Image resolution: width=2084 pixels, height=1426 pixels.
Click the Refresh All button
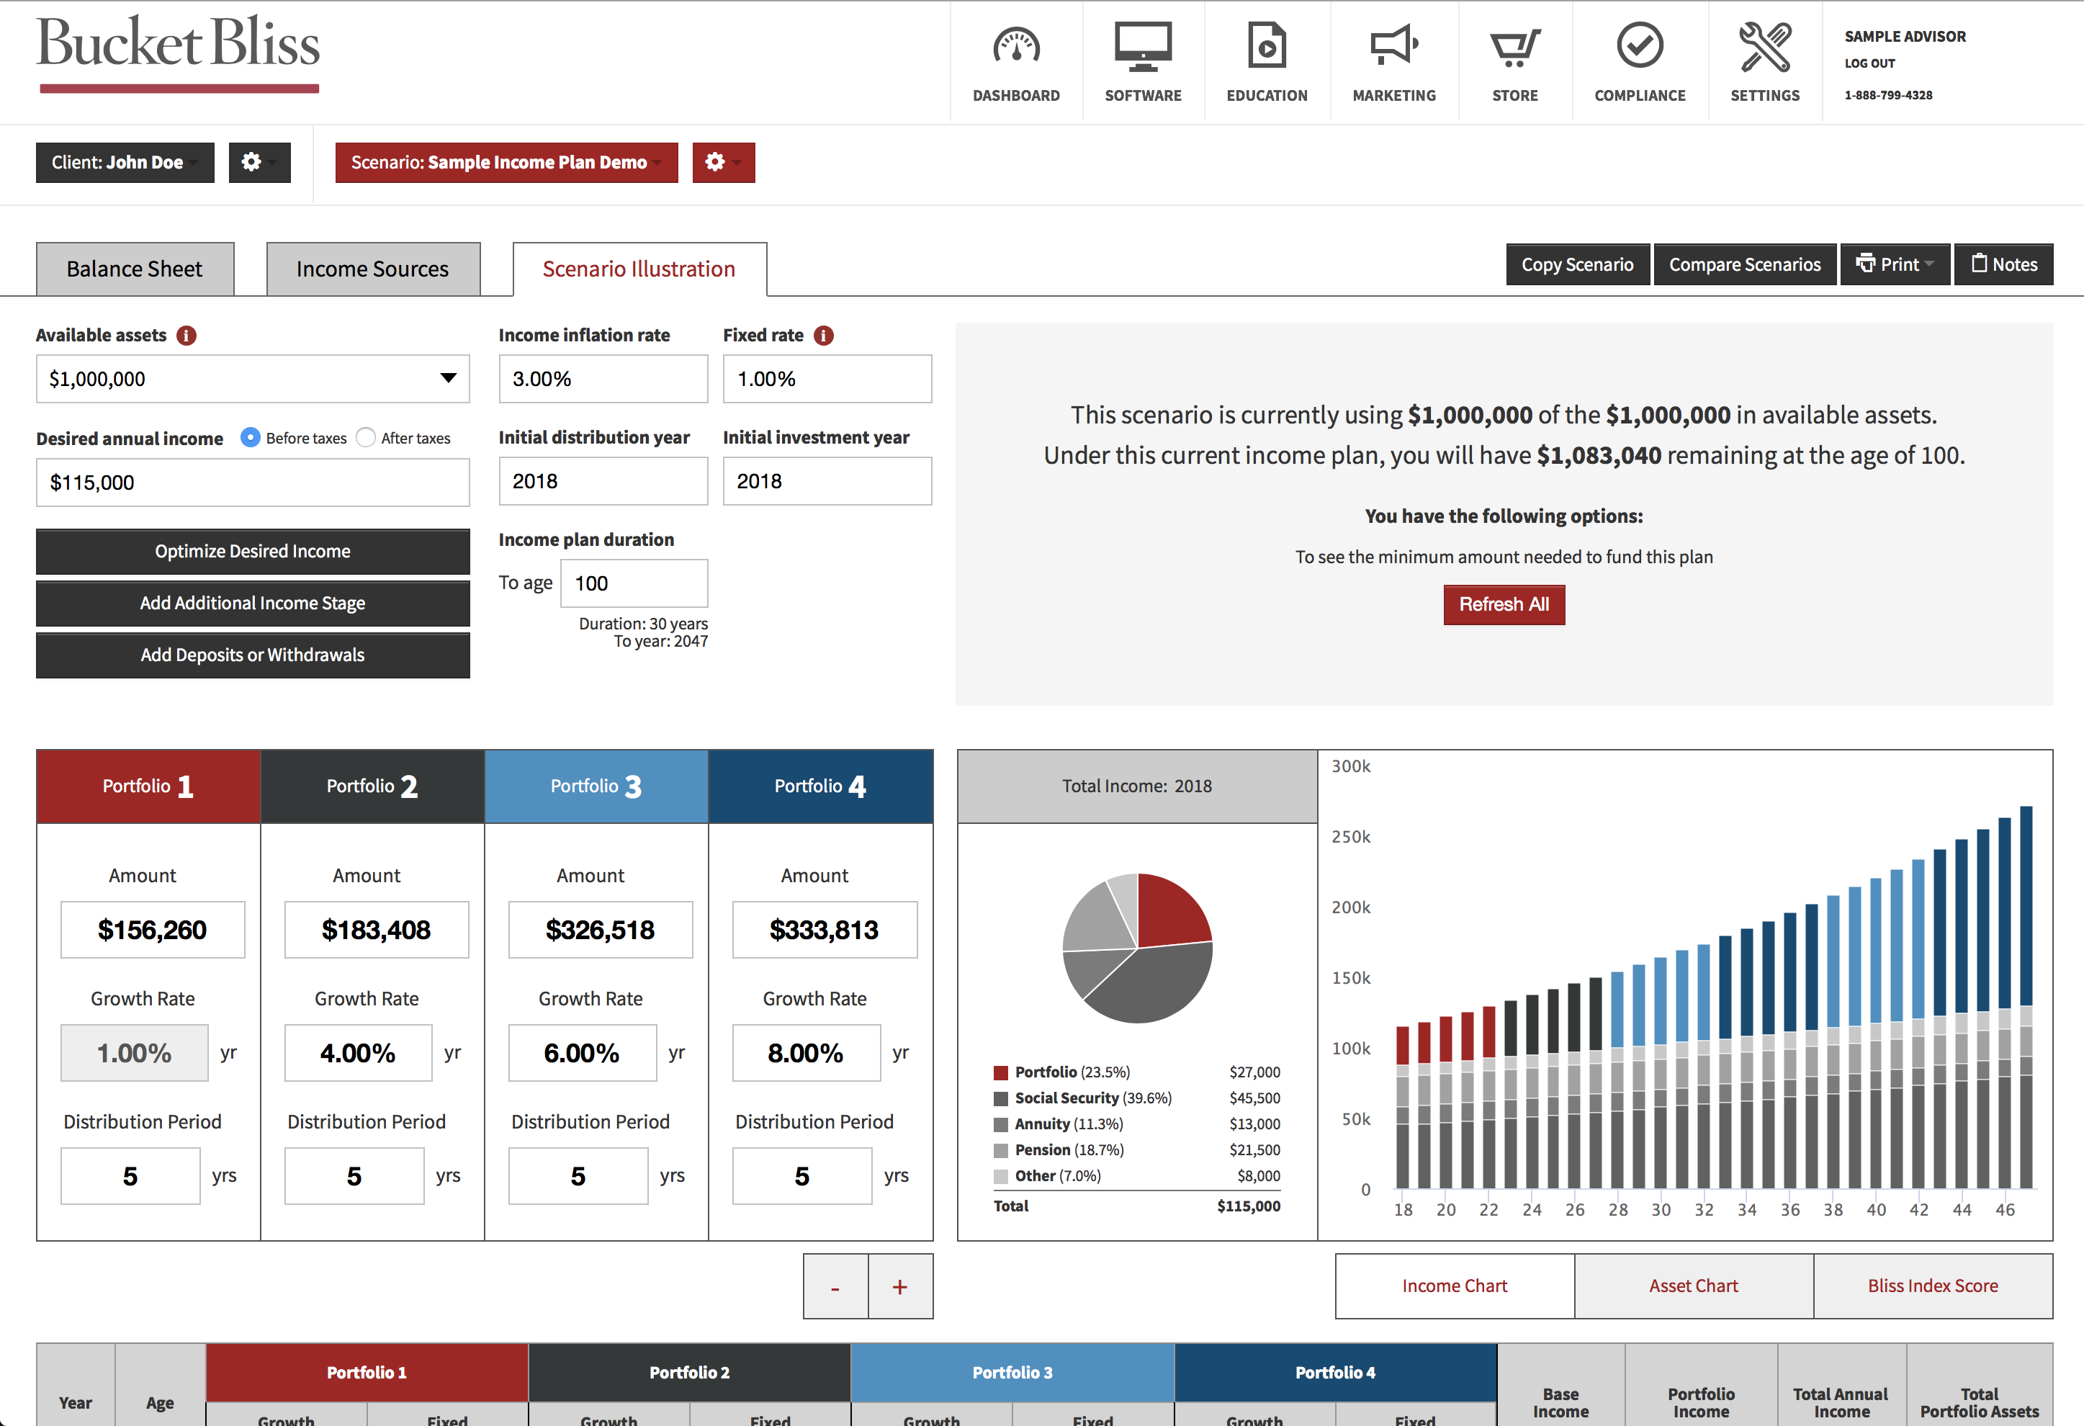click(x=1503, y=604)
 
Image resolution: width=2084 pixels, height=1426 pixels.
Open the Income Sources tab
click(x=372, y=269)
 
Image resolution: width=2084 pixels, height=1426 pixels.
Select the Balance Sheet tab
click(x=135, y=269)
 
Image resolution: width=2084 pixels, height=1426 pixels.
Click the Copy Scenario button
click(x=1576, y=264)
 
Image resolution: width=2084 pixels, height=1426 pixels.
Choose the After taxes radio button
click(x=366, y=438)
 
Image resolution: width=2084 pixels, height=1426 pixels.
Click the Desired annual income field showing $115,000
click(x=252, y=483)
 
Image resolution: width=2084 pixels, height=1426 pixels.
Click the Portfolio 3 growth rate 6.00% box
click(x=582, y=1053)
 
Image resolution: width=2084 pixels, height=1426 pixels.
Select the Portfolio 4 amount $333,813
click(x=824, y=930)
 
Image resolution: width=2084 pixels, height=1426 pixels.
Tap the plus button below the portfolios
click(x=899, y=1287)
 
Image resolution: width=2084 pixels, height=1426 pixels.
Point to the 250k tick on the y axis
click(x=1350, y=837)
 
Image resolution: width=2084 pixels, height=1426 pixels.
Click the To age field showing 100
click(x=633, y=584)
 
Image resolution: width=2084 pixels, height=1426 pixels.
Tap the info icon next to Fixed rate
click(x=823, y=336)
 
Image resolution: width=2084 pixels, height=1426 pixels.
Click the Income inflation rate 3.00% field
click(x=603, y=380)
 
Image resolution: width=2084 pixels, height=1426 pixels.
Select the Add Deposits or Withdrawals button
click(x=252, y=655)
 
